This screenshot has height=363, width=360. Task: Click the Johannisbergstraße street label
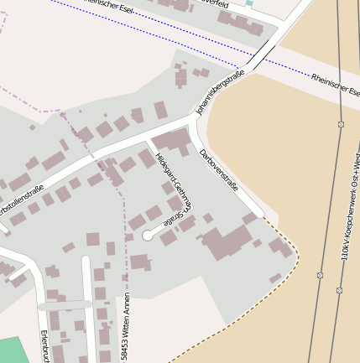click(220, 92)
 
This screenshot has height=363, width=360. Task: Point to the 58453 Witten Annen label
click(126, 327)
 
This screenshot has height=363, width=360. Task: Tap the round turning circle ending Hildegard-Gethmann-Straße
click(148, 236)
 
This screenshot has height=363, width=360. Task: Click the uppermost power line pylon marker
click(341, 124)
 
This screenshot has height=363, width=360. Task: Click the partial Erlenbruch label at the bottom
click(44, 345)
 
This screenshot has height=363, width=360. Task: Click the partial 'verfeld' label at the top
click(237, 4)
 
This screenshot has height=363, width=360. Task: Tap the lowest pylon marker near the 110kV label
click(339, 290)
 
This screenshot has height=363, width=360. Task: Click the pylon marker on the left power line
click(320, 274)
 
